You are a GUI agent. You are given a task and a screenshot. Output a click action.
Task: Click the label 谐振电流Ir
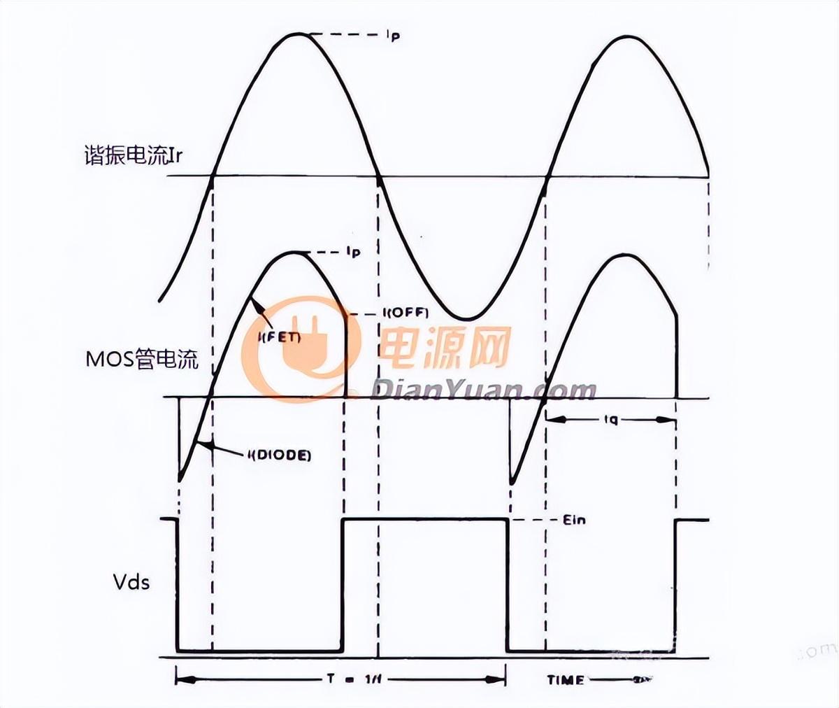[x=133, y=155]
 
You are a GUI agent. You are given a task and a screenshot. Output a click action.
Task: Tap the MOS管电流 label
[x=142, y=360]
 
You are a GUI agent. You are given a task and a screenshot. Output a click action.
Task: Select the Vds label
[x=131, y=581]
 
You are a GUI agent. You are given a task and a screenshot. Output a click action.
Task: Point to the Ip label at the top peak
[x=392, y=36]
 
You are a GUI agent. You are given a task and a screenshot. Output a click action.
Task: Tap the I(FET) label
[x=279, y=338]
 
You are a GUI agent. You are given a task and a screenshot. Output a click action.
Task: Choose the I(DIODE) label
[x=278, y=455]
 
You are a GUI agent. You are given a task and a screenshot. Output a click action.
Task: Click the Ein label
[x=573, y=520]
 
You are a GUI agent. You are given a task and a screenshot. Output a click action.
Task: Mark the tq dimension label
[x=610, y=420]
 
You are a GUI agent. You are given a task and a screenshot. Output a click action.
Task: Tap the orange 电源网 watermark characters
[x=444, y=347]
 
